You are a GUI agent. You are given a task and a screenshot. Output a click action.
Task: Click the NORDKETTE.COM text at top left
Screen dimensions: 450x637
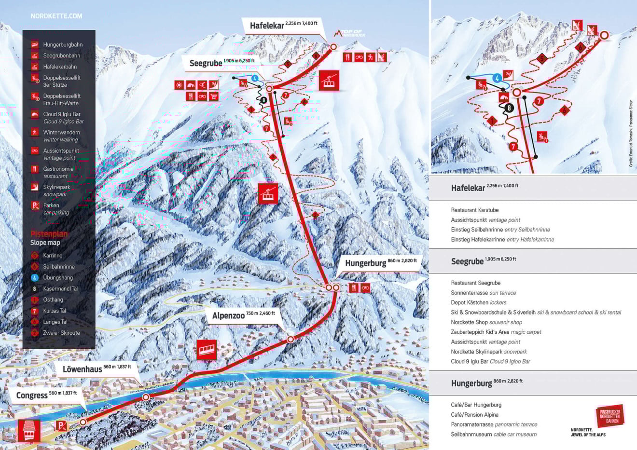click(x=56, y=16)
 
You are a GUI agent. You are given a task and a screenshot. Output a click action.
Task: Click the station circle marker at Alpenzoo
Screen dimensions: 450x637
click(x=291, y=340)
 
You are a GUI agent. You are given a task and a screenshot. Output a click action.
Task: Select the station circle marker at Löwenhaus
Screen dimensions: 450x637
click(x=146, y=397)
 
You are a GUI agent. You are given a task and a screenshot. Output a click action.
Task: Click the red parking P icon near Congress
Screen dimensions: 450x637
click(x=61, y=425)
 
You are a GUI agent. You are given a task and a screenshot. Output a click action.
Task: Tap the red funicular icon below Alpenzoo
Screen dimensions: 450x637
click(x=207, y=349)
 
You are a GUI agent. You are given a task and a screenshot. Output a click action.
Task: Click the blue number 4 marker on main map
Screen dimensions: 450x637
click(x=254, y=78)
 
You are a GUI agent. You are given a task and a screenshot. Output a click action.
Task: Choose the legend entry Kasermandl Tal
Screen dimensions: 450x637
click(x=60, y=289)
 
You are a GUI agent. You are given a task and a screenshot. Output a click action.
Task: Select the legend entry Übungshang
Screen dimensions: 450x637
click(x=58, y=278)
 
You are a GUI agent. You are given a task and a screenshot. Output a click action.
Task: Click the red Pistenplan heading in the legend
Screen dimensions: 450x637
click(x=49, y=234)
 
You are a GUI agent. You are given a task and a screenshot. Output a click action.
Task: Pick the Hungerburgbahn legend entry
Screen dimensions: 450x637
click(x=62, y=45)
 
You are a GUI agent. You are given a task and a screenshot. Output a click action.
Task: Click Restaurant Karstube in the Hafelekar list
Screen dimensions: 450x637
click(x=474, y=210)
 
